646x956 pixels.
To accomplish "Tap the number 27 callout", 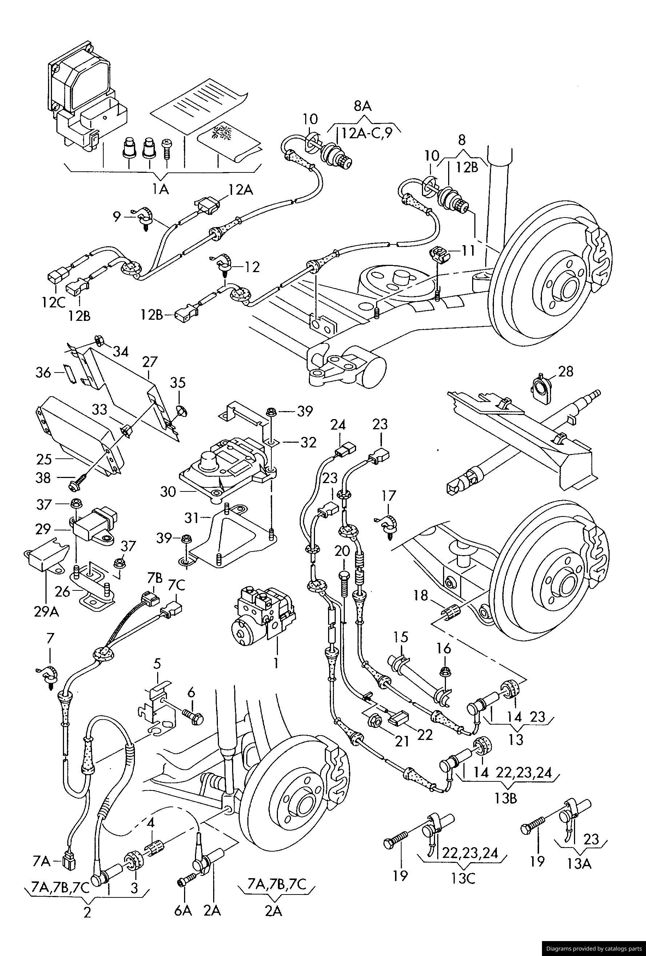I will pyautogui.click(x=150, y=362).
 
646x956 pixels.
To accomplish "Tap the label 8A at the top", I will pyautogui.click(x=362, y=107).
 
